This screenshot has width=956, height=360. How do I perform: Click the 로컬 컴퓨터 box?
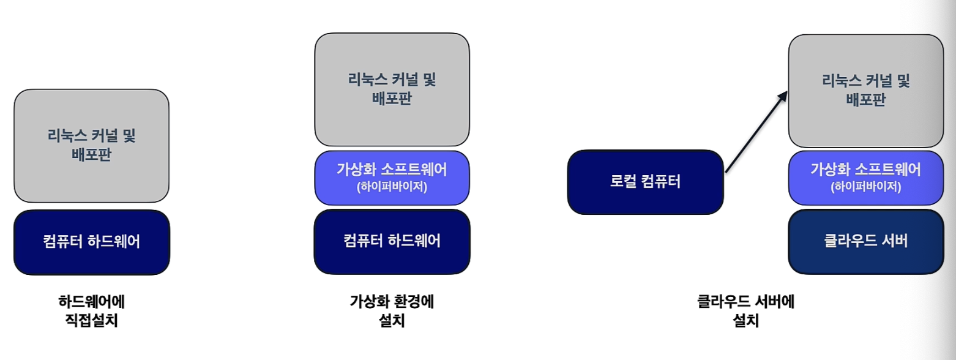coord(645,182)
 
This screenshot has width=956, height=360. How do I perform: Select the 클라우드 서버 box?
coord(866,241)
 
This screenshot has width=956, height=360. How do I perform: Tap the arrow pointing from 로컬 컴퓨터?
coord(756,132)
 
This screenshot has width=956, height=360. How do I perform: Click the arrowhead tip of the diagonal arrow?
coord(787,91)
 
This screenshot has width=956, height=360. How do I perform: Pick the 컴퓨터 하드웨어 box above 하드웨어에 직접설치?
coord(92,242)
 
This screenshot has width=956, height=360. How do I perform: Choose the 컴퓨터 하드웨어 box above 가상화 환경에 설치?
coord(392,241)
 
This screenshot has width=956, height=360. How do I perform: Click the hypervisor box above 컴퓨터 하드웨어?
coord(392,178)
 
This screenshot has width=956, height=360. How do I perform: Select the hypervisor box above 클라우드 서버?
coord(866,178)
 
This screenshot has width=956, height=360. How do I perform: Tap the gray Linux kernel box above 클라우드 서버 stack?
coord(866,91)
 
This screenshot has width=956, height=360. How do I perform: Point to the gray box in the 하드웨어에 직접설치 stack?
coord(92,146)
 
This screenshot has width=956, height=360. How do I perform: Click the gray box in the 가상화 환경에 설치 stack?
coord(392,89)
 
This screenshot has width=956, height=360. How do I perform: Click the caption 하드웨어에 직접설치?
coord(91,310)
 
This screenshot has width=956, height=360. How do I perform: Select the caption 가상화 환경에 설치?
coord(392,310)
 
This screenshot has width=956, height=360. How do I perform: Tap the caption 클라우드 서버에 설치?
coord(745,310)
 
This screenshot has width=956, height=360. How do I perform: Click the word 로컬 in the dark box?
coord(624,181)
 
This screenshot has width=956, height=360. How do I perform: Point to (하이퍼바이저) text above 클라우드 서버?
coord(866,187)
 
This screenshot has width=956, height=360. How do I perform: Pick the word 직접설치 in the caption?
coord(91,320)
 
